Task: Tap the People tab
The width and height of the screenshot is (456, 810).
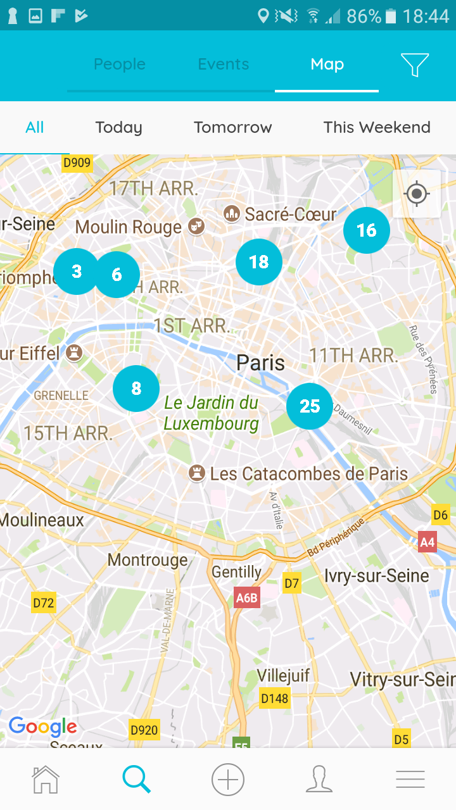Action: [x=120, y=65]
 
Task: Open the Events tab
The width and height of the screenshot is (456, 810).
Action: [x=223, y=65]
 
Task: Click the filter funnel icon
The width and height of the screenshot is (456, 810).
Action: [x=415, y=65]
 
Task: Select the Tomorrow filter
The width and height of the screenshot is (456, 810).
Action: [x=232, y=127]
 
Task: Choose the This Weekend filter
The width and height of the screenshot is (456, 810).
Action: [x=377, y=127]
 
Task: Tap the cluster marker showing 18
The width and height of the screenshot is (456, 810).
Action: [x=259, y=262]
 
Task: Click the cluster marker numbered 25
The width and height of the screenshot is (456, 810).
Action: [x=310, y=406]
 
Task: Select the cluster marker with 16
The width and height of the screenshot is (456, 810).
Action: [x=367, y=230]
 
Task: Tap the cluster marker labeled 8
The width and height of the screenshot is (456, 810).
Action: [x=136, y=389]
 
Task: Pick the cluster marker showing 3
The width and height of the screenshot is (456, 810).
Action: [x=76, y=271]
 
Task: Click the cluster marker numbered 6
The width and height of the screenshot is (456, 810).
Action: [x=117, y=275]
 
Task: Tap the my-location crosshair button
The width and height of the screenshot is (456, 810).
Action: [x=417, y=194]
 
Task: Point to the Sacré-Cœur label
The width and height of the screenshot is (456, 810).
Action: [x=290, y=215]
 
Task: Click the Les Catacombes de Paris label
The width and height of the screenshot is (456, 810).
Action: [x=308, y=473]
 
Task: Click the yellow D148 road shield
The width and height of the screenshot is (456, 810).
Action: [x=274, y=699]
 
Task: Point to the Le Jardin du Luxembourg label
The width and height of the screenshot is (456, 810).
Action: [x=211, y=413]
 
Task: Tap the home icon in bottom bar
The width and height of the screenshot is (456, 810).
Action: [x=46, y=780]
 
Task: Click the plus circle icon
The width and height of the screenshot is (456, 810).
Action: [x=228, y=780]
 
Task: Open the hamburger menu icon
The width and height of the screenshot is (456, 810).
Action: [x=410, y=780]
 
